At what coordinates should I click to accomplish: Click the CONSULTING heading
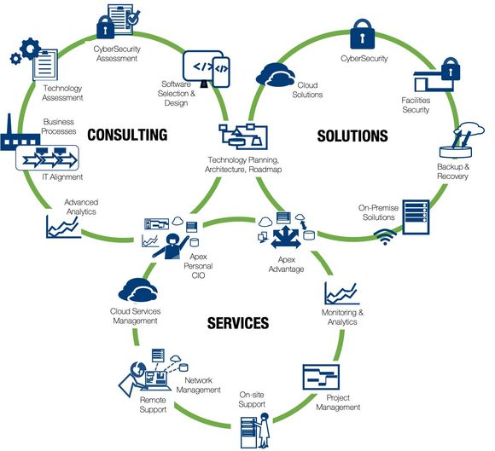[x=125, y=135]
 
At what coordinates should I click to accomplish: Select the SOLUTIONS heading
[x=352, y=136]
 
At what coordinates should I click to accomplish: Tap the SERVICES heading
[x=237, y=323]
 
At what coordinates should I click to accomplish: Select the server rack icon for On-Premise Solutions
[x=417, y=220]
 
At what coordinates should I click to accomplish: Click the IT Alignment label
[x=62, y=176]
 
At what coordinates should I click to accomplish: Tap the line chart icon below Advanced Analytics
[x=62, y=226]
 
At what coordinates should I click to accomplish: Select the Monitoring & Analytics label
[x=344, y=318]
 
